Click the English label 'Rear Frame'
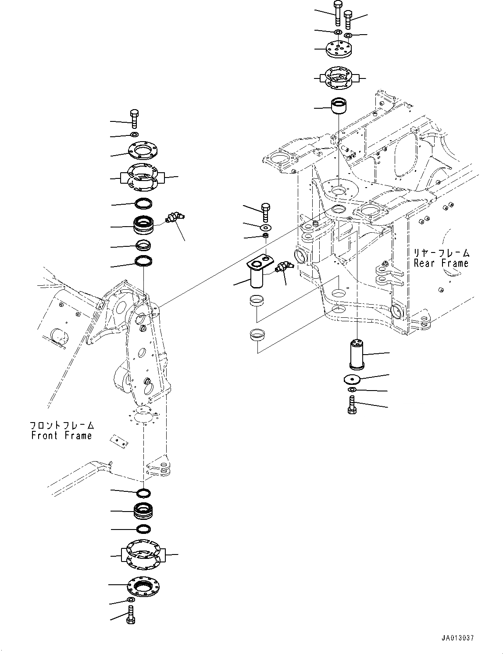(x=441, y=263)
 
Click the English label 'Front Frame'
(x=61, y=435)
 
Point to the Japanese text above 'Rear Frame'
(x=441, y=253)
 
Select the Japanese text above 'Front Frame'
(x=61, y=425)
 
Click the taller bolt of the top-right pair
(x=337, y=13)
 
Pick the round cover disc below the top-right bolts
(x=338, y=49)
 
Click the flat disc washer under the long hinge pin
(x=352, y=379)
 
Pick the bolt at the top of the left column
(x=134, y=118)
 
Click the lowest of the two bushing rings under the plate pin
(x=257, y=335)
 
